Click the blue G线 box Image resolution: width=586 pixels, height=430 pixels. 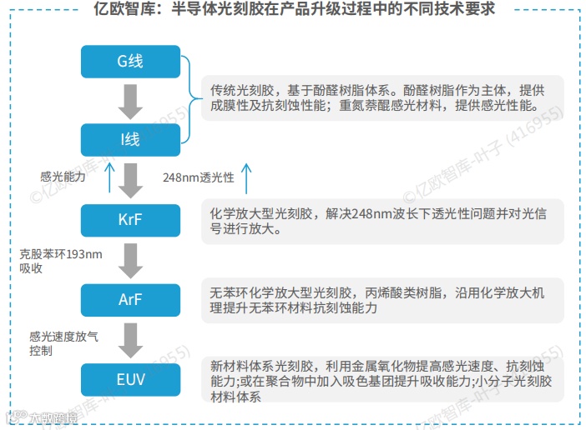pos(130,62)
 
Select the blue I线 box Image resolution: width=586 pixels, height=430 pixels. pos(130,139)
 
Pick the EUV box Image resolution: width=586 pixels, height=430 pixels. pos(130,379)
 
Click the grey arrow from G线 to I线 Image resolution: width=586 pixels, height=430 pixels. pos(130,101)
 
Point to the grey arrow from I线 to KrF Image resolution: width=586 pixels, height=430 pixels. pos(130,180)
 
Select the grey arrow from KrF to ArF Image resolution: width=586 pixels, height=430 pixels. pos(130,260)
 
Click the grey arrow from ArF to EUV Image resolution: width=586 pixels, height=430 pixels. pos(130,339)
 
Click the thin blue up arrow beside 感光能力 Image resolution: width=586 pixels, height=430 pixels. pos(109,177)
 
